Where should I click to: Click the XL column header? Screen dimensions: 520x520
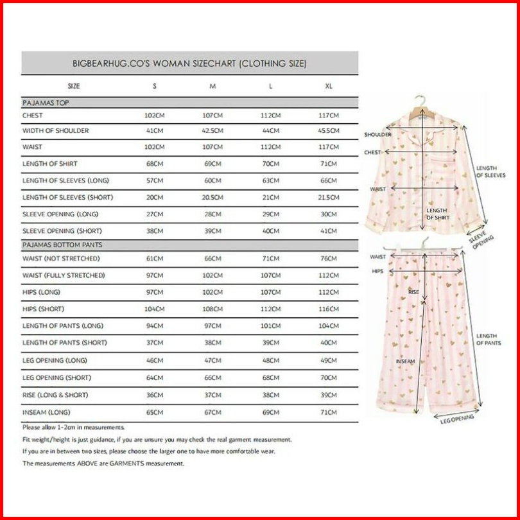329,85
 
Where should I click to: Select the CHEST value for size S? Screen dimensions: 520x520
154,115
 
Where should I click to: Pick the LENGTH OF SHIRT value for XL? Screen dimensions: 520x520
329,164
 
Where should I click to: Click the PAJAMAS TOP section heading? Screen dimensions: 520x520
46,102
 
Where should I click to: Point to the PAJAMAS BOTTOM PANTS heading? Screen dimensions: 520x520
62,245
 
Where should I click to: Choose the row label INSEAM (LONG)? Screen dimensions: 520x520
46,412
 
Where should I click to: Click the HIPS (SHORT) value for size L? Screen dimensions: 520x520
271,309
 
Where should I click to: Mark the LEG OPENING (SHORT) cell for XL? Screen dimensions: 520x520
329,377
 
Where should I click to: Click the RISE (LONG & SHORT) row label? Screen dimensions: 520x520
55,395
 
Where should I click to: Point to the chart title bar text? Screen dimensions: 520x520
189,64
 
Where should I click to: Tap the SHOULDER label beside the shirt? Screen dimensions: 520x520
377,135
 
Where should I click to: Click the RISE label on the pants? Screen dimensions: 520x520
413,291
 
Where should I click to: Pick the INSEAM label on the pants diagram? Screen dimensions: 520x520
405,361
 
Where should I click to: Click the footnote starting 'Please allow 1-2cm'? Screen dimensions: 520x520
74,427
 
